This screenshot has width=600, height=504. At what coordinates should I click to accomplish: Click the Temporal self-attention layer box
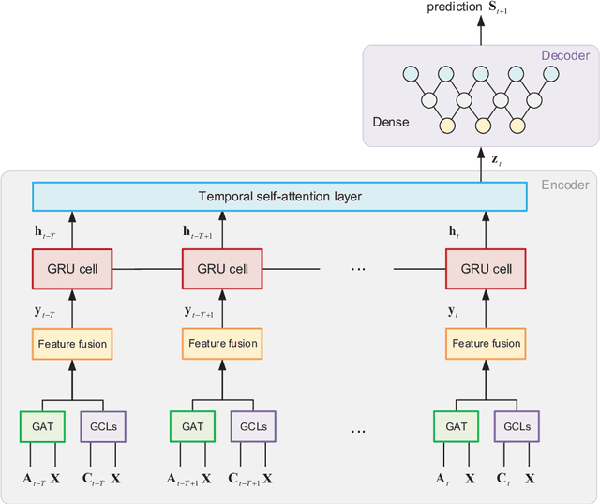[279, 197]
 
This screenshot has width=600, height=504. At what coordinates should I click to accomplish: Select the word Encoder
[565, 185]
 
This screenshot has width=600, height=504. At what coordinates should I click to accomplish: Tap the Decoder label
[565, 55]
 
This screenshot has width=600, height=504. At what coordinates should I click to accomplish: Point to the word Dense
[391, 122]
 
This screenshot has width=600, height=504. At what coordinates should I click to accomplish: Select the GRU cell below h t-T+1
[222, 269]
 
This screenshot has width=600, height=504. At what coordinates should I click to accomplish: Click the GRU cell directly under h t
[486, 269]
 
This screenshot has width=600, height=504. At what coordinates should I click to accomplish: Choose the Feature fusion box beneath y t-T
[72, 344]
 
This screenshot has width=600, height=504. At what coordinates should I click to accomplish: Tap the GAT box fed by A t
[456, 426]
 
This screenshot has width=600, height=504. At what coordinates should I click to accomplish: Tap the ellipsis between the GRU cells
[356, 270]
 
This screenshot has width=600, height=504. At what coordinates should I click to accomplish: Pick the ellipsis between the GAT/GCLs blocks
[356, 431]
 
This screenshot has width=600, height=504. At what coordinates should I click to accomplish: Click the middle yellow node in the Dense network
[482, 125]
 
